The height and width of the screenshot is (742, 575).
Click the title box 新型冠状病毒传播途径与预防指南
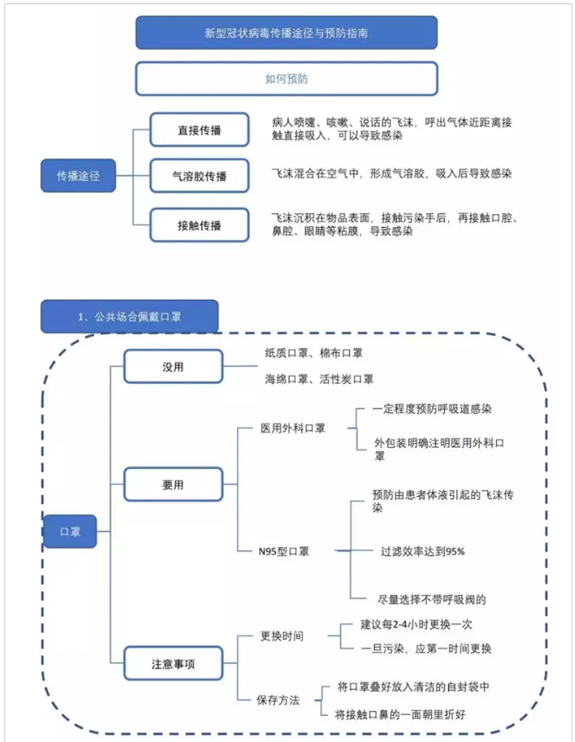tap(287, 33)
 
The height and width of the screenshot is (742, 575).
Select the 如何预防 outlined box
tap(287, 78)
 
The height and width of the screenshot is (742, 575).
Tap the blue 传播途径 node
tap(78, 176)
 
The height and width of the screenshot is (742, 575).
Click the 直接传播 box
tap(199, 129)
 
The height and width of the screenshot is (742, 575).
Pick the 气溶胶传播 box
tap(199, 176)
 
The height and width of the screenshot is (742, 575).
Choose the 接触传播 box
tap(199, 225)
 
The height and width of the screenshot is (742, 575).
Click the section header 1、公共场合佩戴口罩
tap(129, 316)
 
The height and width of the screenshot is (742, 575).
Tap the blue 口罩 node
tap(70, 531)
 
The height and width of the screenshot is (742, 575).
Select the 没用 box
tap(173, 366)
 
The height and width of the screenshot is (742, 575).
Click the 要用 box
tap(173, 484)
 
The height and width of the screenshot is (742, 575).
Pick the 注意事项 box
tap(173, 664)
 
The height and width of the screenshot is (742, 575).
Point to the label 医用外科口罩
tap(293, 429)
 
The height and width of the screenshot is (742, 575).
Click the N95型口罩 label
tap(284, 551)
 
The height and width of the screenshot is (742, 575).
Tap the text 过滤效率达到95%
tap(423, 551)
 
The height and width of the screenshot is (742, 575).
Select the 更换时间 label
tap(282, 636)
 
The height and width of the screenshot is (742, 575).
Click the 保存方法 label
tap(278, 700)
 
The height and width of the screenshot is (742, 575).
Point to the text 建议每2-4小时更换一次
tap(416, 624)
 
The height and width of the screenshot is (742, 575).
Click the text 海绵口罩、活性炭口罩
tap(319, 379)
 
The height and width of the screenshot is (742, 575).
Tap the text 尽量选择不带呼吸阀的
tap(431, 599)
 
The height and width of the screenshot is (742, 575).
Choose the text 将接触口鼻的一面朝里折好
tap(400, 714)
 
